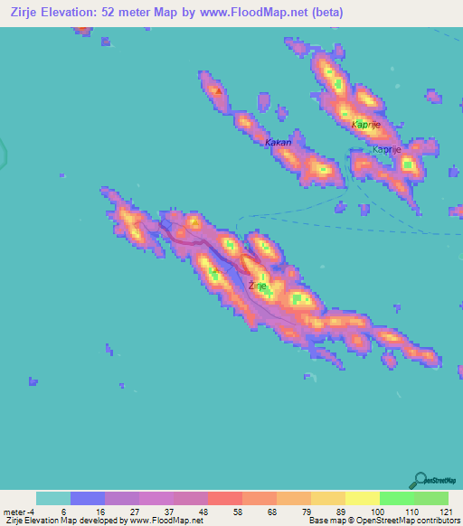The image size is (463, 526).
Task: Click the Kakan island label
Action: click(x=278, y=143)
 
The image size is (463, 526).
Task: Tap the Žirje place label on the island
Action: click(x=257, y=286)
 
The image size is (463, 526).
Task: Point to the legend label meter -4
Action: click(x=19, y=512)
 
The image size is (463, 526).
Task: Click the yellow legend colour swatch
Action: click(x=362, y=498)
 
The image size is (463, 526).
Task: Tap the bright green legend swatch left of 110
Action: click(x=396, y=498)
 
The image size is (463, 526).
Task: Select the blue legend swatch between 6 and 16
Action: click(x=87, y=498)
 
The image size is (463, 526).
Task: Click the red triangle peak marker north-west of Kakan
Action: click(x=216, y=90)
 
